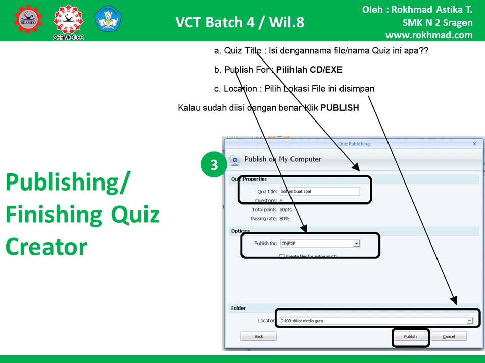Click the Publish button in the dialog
click(410, 336)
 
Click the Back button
click(258, 336)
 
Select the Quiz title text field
click(319, 192)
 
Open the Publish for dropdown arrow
click(356, 243)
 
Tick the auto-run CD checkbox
click(282, 256)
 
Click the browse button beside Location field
click(469, 321)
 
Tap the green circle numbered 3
click(214, 165)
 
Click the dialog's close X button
click(474, 144)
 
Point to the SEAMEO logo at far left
click(28, 19)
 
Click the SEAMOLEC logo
click(69, 22)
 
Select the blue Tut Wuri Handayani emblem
click(108, 19)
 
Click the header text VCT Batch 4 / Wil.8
click(240, 22)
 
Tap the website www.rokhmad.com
click(429, 35)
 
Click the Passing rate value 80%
click(285, 219)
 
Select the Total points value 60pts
click(285, 209)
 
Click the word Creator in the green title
click(46, 247)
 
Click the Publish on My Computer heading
click(283, 159)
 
